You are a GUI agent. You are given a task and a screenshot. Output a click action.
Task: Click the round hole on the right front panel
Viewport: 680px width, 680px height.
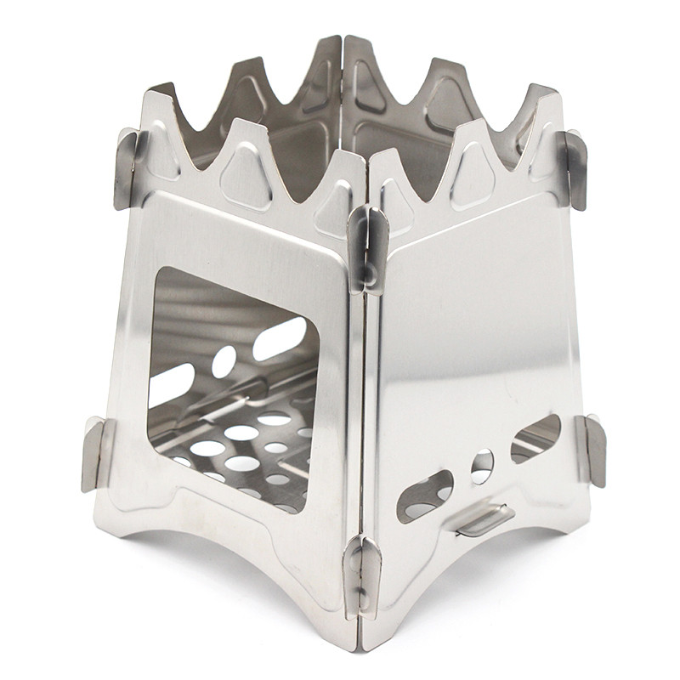click(x=482, y=465)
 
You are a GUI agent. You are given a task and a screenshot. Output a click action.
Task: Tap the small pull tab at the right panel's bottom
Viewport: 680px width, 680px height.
click(x=485, y=519)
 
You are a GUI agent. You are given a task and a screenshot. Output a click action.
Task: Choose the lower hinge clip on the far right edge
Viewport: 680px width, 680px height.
click(x=592, y=450)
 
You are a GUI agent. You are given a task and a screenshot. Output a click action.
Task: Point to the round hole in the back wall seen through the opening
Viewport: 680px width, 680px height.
click(x=224, y=362)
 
